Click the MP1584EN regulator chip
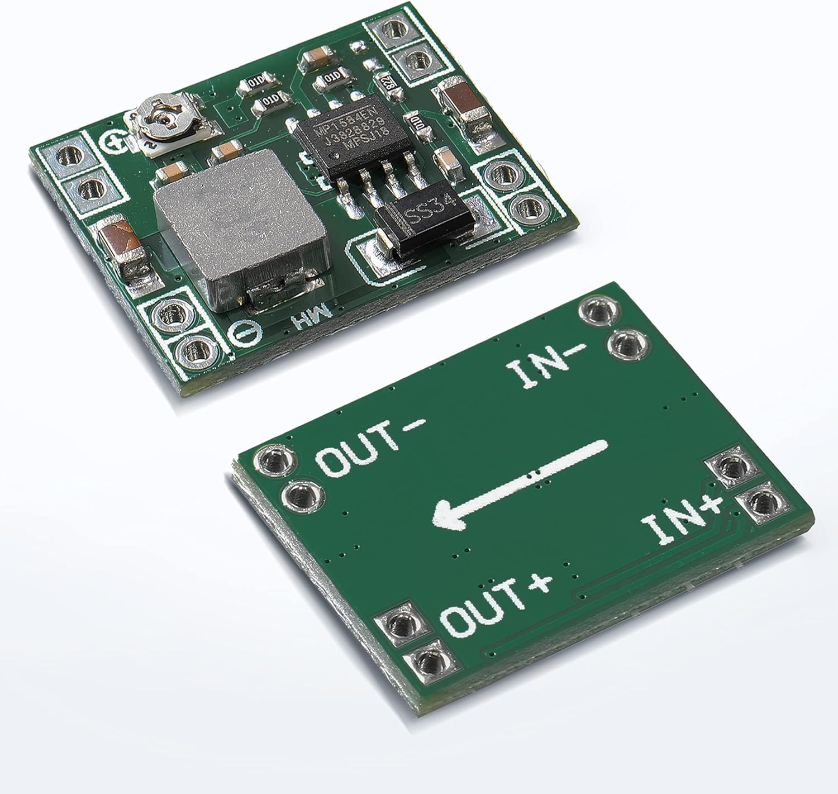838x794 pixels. click(x=349, y=136)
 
